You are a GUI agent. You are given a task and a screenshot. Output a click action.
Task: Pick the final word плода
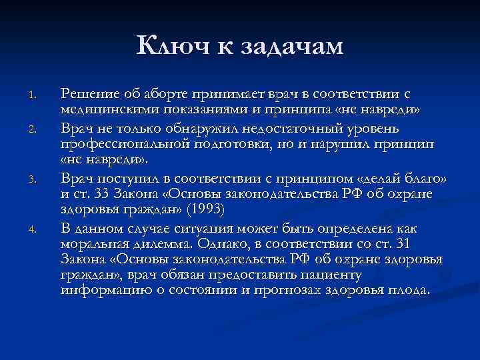(x=411, y=291)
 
